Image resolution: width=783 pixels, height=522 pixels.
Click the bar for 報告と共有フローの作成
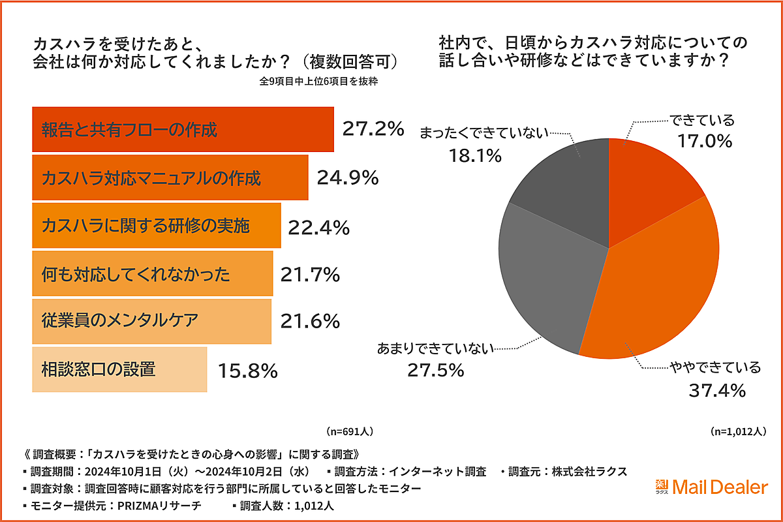pyautogui.click(x=183, y=129)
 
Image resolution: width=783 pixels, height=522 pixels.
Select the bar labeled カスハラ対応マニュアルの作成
pyautogui.click(x=170, y=177)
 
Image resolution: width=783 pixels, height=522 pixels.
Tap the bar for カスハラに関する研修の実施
pyautogui.click(x=157, y=226)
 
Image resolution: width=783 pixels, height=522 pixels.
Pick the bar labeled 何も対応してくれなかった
pyautogui.click(x=152, y=274)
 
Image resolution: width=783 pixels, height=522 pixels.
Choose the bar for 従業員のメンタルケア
pyautogui.click(x=151, y=321)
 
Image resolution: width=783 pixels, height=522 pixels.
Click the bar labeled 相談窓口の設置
pyautogui.click(x=119, y=369)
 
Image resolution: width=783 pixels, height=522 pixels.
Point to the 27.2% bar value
pyautogui.click(x=373, y=129)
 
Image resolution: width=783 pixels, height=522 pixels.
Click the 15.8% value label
pyautogui.click(x=248, y=371)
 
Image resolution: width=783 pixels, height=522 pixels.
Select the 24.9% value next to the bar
pyautogui.click(x=348, y=177)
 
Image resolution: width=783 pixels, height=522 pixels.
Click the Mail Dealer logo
pyautogui.click(x=711, y=487)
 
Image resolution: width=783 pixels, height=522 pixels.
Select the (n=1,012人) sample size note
pyautogui.click(x=737, y=431)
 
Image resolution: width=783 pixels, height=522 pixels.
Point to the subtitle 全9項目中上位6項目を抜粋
pyautogui.click(x=319, y=82)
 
